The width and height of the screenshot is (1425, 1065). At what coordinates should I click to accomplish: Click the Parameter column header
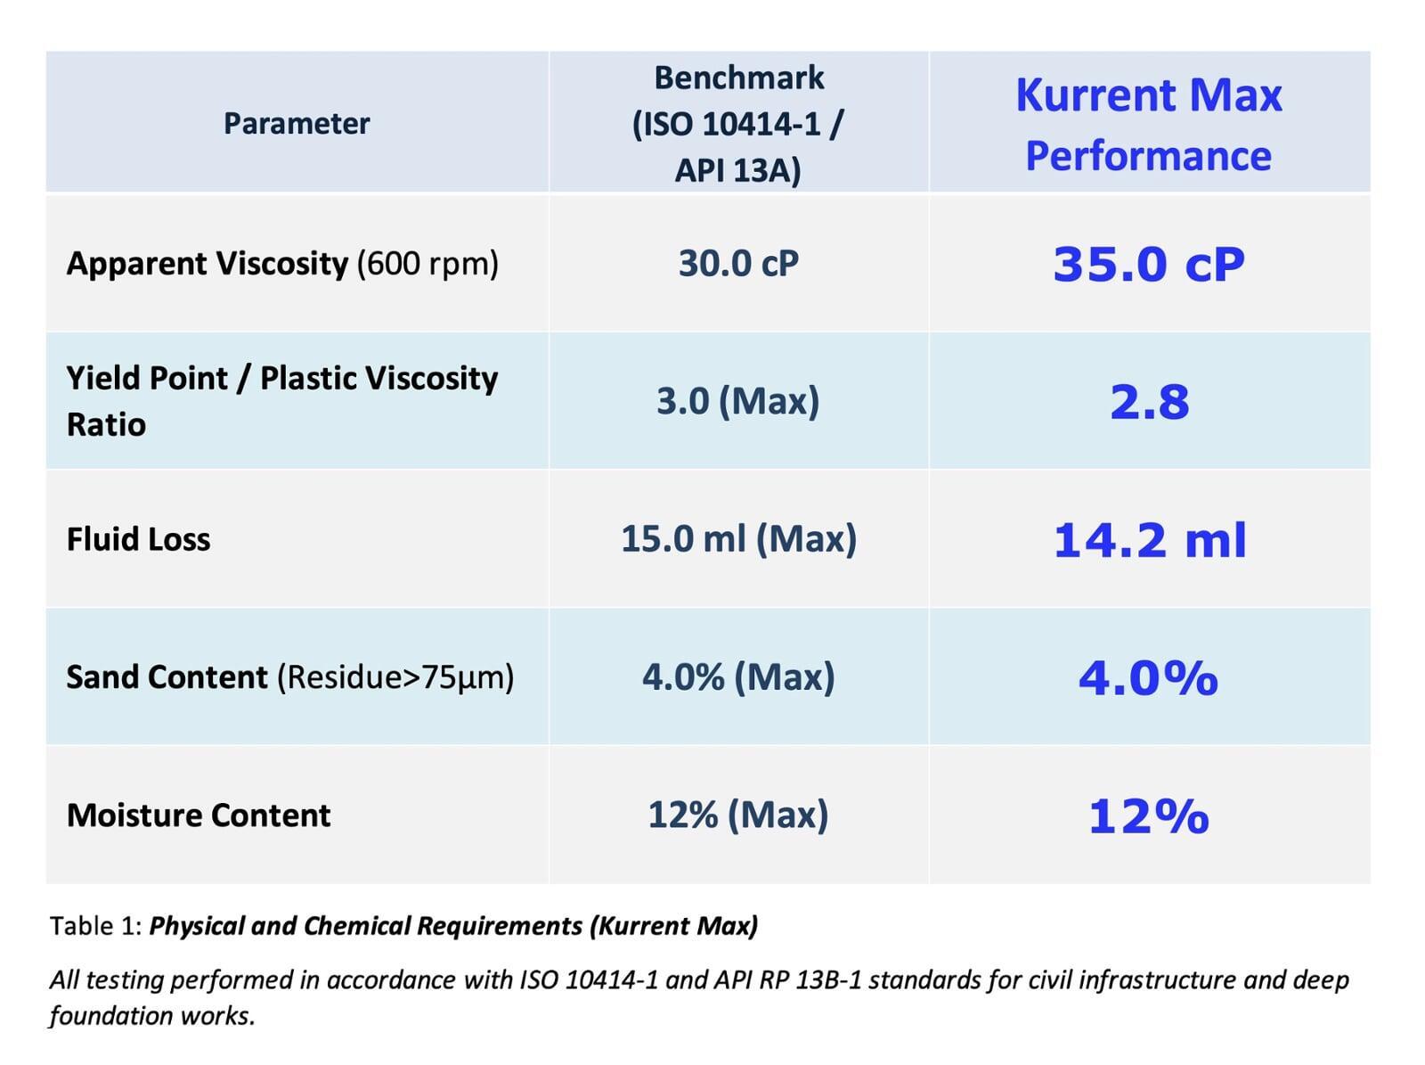click(x=296, y=123)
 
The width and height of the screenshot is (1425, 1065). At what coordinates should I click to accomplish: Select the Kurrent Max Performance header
click(x=1148, y=125)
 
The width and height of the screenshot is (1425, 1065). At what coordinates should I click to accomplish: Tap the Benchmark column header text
click(x=738, y=123)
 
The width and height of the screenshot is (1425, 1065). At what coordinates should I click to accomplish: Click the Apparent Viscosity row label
click(x=207, y=264)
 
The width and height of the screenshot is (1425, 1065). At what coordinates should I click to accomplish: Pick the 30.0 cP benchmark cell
click(x=738, y=264)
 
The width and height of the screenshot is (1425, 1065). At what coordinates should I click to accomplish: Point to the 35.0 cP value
click(x=1148, y=265)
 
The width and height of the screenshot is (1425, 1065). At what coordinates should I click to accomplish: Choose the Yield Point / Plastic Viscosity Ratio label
click(x=281, y=401)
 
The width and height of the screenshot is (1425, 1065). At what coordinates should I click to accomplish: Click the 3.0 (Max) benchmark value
click(x=737, y=401)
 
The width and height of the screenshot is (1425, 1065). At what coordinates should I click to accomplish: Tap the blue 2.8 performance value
click(x=1149, y=402)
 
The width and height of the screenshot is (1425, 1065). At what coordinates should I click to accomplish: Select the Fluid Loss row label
click(x=138, y=539)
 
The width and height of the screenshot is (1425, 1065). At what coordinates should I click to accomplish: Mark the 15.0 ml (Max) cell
click(x=738, y=539)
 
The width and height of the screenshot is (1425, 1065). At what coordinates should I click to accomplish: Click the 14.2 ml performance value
click(x=1149, y=541)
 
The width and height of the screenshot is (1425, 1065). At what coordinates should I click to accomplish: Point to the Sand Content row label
click(x=167, y=677)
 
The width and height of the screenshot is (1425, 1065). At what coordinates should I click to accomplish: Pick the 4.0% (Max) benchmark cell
click(x=738, y=677)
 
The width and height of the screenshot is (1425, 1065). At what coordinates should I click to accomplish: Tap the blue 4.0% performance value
click(x=1148, y=678)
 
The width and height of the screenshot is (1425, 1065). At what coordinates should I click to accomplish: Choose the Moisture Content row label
click(x=199, y=815)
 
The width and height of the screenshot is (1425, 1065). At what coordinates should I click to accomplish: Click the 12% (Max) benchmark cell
click(x=737, y=815)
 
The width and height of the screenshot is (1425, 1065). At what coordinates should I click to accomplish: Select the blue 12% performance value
click(x=1148, y=816)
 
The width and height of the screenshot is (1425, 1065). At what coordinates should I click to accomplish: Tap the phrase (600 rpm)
click(x=427, y=264)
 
